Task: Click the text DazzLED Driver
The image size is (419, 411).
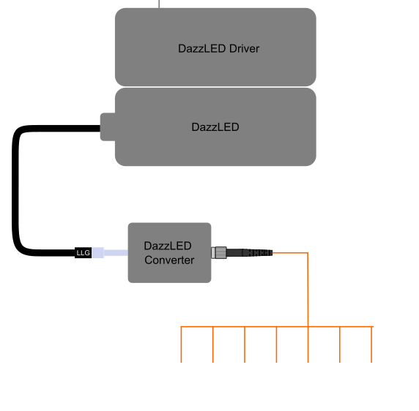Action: [x=218, y=48]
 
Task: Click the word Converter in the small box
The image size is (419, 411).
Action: [x=169, y=260]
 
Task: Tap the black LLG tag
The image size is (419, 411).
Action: [x=83, y=252]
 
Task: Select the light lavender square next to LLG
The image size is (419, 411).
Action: [x=98, y=252]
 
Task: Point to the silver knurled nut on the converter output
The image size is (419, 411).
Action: [x=220, y=252]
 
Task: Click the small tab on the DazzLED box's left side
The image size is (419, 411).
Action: [x=108, y=127]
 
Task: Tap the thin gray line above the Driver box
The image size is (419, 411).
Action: [x=159, y=4]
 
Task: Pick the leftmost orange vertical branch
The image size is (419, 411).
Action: [x=181, y=344]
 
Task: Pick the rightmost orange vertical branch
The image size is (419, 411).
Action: [x=371, y=344]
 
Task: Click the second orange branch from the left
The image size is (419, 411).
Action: [x=213, y=344]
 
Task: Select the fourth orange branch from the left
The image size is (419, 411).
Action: [x=276, y=344]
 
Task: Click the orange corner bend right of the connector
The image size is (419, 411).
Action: [x=308, y=252]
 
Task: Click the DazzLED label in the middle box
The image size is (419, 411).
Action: [x=215, y=127]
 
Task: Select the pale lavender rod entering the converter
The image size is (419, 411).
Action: [x=116, y=252]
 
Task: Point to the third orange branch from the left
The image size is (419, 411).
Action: [x=245, y=344]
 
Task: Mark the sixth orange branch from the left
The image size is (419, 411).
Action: [x=340, y=344]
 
